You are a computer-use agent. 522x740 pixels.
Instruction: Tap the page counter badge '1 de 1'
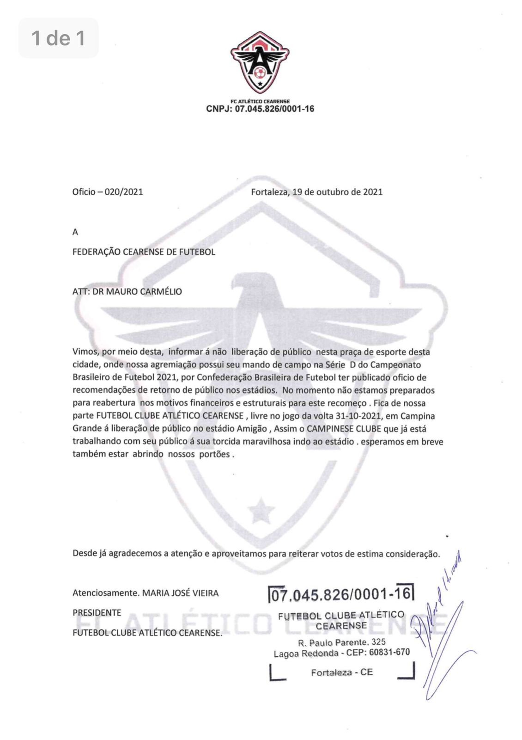point(59,38)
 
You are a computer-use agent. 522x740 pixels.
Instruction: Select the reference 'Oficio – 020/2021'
point(108,192)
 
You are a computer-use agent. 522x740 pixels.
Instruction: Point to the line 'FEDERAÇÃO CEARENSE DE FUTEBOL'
point(144,252)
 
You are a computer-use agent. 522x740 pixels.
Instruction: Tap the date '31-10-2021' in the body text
point(360,416)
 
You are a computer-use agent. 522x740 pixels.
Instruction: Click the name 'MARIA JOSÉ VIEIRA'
point(180,593)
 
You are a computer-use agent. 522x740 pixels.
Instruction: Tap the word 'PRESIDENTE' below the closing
point(97,613)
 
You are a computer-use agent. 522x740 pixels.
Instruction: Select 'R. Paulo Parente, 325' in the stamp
point(342,642)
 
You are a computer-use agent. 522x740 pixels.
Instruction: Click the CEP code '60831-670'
point(389,653)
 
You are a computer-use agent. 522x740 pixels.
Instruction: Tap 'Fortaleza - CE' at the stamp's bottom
point(342,672)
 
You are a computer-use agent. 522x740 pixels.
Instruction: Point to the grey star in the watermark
point(261,510)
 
